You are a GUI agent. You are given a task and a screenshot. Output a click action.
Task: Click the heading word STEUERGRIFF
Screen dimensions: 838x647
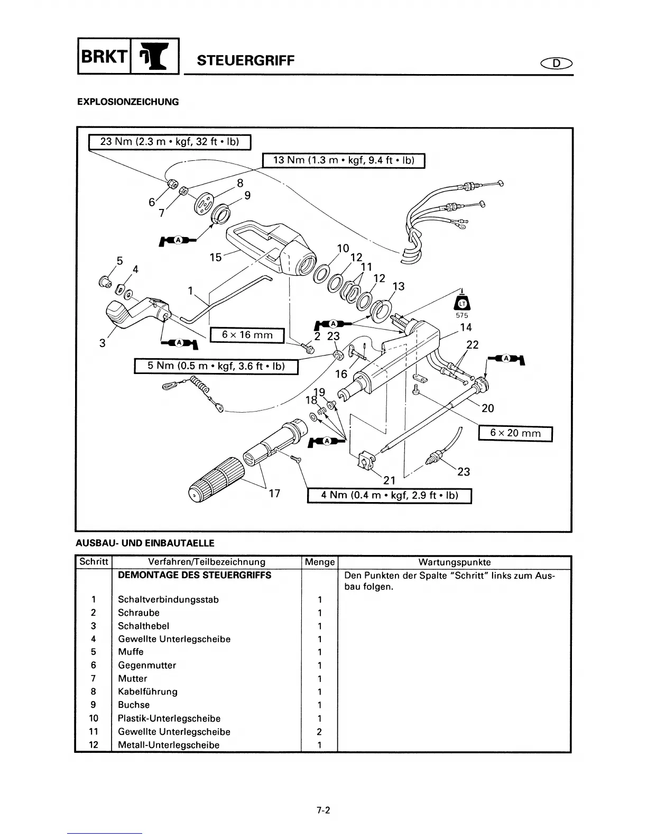point(245,60)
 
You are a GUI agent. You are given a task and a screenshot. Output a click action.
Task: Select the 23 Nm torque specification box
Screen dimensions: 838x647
point(169,142)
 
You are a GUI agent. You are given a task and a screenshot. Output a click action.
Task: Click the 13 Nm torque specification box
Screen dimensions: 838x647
point(344,160)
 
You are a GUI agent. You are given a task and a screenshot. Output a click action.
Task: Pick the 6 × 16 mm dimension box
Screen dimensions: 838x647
point(247,335)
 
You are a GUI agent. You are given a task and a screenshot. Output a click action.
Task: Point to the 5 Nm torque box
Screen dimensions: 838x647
point(216,366)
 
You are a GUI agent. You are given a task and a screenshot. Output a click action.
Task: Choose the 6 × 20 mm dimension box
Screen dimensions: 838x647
point(515,433)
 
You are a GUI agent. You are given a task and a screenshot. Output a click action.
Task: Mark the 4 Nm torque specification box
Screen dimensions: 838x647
point(389,496)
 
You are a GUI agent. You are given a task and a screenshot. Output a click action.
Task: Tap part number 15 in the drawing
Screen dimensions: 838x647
point(216,257)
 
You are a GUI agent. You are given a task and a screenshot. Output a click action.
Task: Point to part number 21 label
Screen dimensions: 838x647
point(389,480)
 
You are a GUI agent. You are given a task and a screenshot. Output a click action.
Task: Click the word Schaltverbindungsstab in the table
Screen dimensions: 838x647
point(168,599)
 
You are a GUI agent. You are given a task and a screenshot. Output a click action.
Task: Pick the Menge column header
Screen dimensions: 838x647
point(320,562)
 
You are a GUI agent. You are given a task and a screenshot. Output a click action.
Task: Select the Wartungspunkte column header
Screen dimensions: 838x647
point(454,562)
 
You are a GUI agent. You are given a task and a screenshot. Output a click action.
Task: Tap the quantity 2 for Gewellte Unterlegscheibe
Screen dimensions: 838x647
point(319,732)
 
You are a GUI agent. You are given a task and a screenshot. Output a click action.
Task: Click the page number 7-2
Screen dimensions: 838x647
point(323,809)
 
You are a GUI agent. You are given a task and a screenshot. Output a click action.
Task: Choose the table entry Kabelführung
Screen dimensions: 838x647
point(147,691)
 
